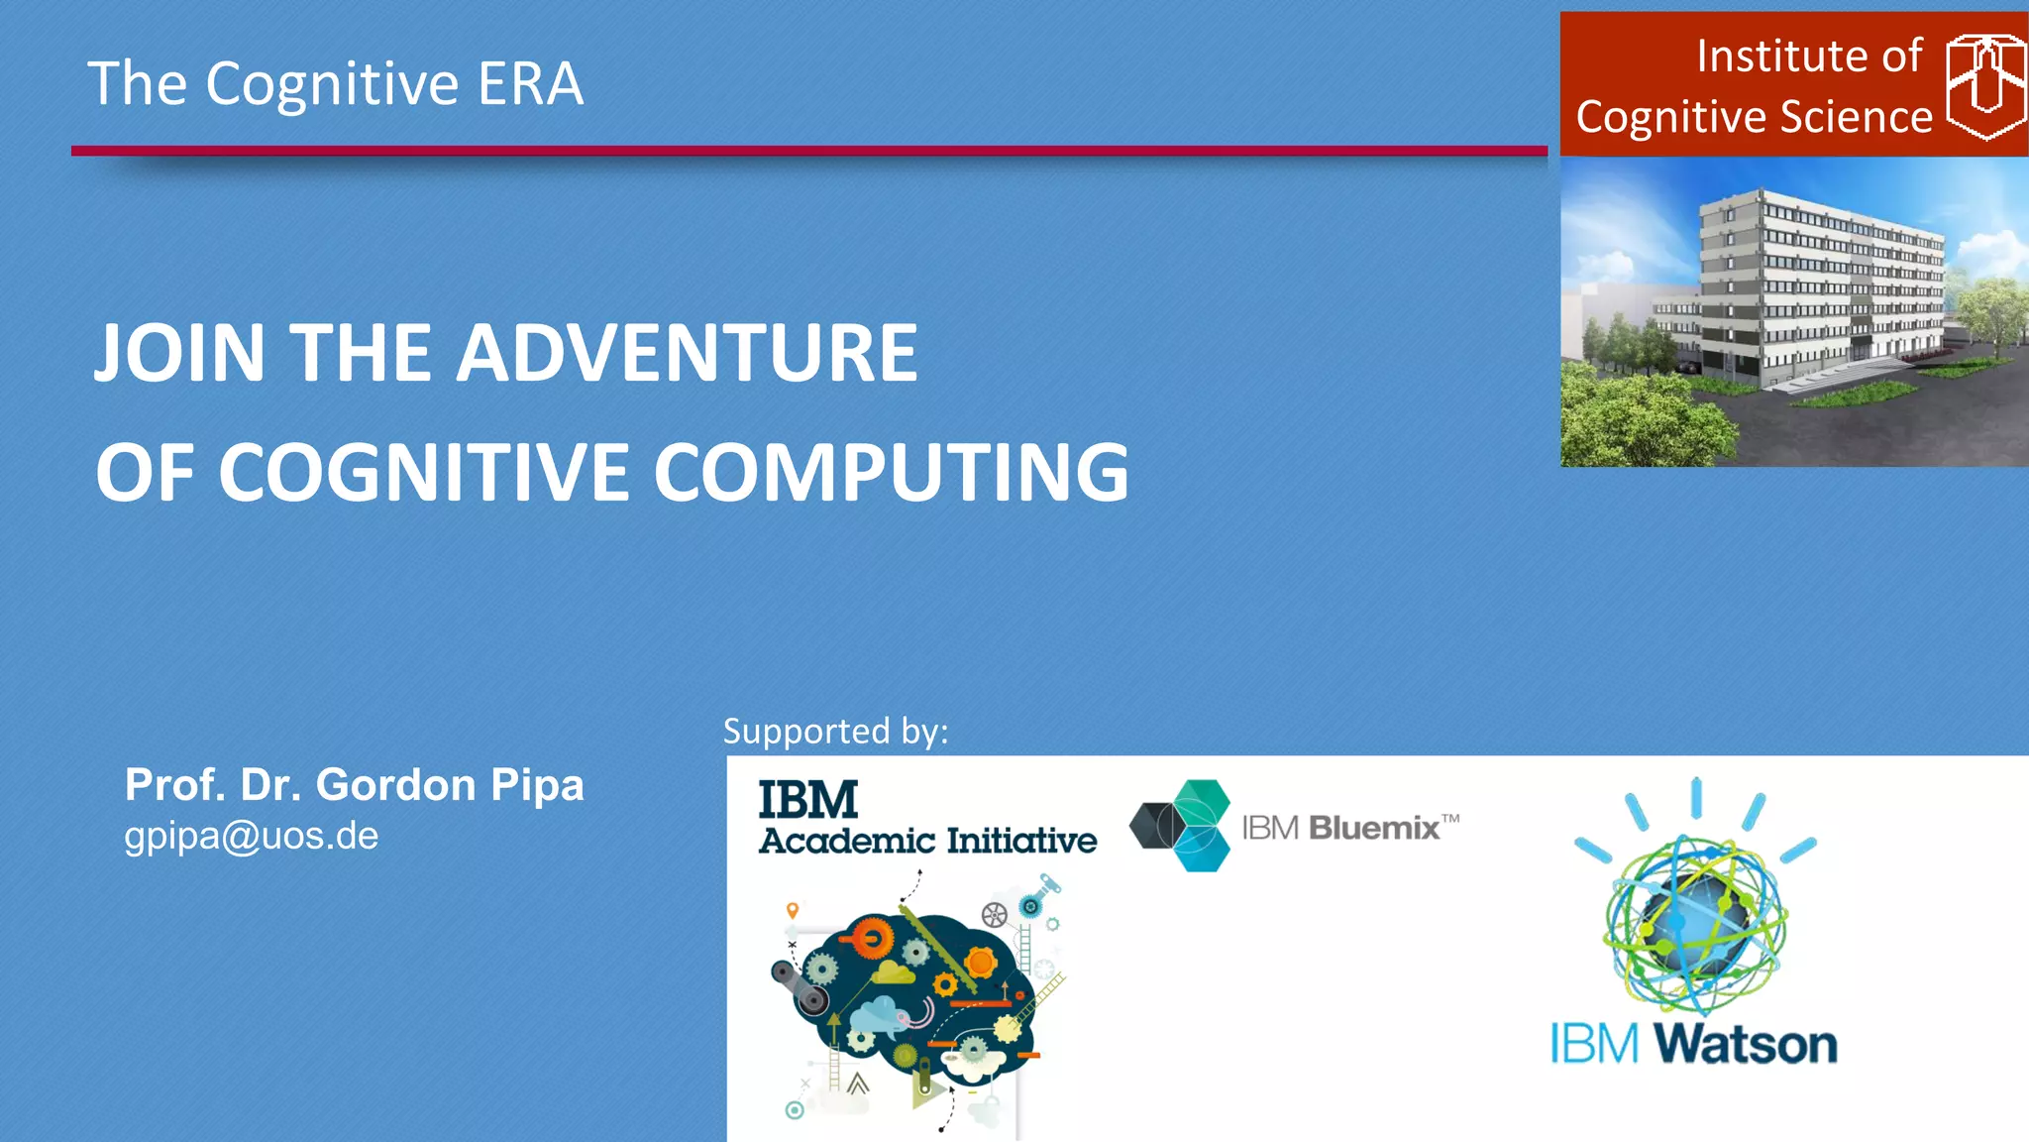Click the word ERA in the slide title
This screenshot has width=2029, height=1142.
531,83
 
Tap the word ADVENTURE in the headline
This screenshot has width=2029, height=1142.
686,353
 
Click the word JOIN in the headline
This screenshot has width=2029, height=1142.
179,353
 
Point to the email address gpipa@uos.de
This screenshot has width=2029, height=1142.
251,836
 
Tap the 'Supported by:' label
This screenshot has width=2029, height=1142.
835,732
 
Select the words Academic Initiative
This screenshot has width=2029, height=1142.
927,841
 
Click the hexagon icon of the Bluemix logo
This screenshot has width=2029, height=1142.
1181,826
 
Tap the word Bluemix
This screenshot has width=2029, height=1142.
1373,827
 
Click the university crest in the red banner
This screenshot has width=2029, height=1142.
1984,87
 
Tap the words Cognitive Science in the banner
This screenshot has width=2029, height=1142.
1754,117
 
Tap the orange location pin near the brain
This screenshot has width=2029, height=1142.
792,910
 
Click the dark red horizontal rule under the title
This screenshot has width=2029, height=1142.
808,151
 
